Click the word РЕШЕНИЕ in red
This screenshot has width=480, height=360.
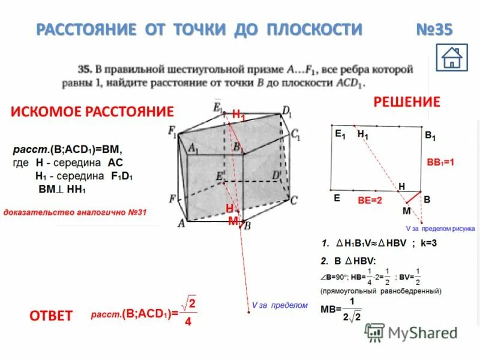(407, 101)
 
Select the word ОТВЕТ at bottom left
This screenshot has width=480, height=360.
(51, 315)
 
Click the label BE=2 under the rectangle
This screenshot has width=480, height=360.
(370, 200)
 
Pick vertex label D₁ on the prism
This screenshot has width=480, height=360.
(286, 111)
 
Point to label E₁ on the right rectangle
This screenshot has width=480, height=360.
(340, 136)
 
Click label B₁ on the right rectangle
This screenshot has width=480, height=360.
(430, 137)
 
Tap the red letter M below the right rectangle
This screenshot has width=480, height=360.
(406, 211)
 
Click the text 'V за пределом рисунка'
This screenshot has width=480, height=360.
(440, 229)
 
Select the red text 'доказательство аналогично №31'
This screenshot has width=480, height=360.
(76, 212)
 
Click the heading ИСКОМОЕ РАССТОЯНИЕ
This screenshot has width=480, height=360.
(92, 111)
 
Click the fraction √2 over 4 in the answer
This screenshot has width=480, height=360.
(189, 312)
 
